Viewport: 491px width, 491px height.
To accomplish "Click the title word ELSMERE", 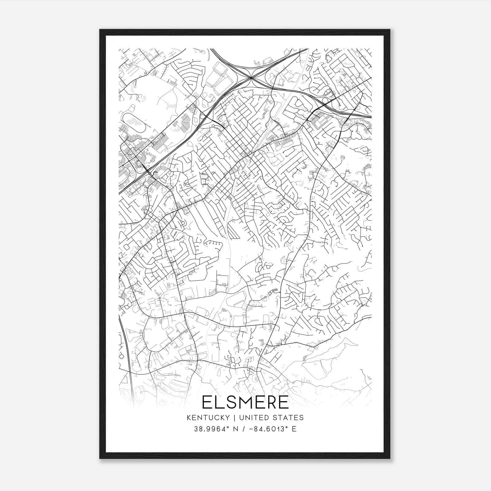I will [x=245, y=402].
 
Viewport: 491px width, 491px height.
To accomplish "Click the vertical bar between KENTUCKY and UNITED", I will [x=234, y=418].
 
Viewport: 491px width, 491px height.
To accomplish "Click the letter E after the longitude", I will [x=294, y=429].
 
